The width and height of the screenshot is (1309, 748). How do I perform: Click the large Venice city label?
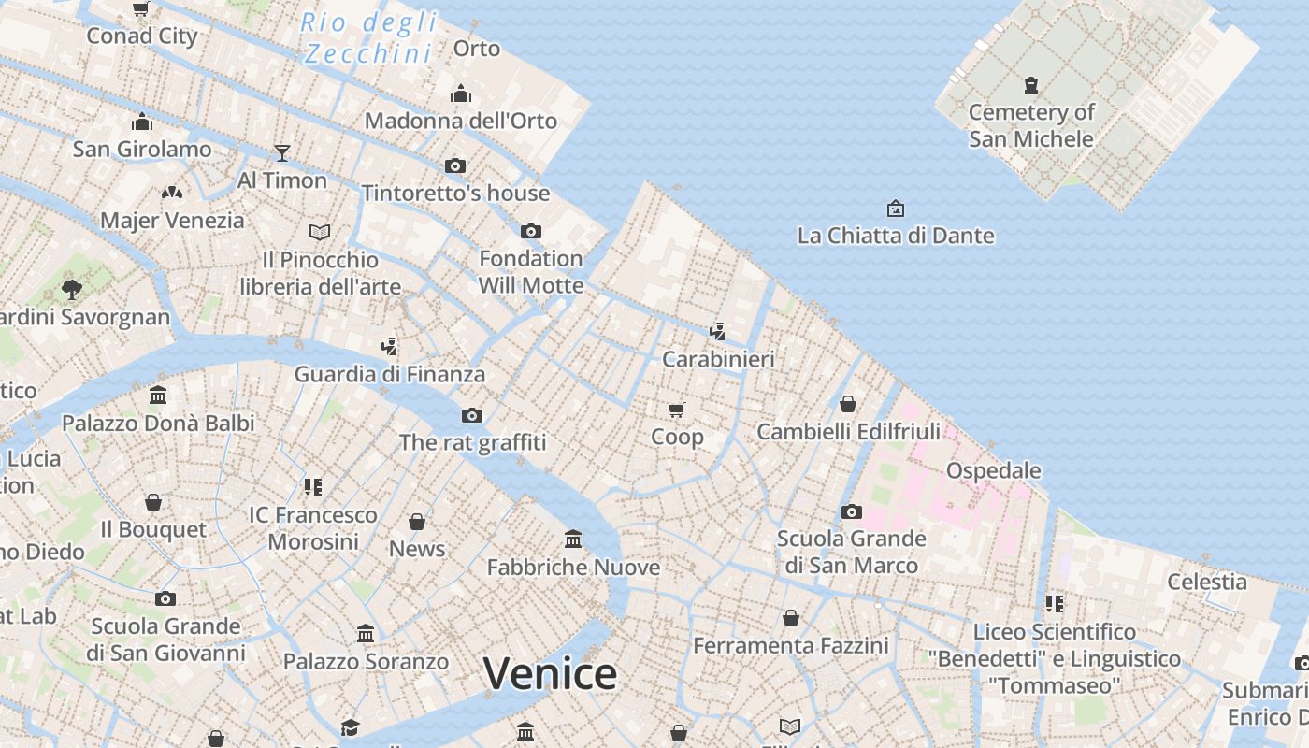tap(550, 674)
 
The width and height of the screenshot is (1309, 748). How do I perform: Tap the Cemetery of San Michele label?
tap(1031, 125)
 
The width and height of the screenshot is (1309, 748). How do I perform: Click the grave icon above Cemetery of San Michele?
tap(1031, 86)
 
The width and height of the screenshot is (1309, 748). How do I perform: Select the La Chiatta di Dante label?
tap(895, 236)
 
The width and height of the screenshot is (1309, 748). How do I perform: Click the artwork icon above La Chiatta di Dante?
tap(895, 208)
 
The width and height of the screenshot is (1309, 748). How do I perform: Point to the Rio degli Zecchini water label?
tap(368, 37)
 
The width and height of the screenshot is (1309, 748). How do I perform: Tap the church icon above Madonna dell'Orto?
tap(460, 93)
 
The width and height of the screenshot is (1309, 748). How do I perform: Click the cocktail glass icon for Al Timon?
tap(282, 152)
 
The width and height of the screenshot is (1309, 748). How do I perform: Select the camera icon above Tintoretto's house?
tap(455, 166)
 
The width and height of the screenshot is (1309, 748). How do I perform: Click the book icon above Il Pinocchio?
tap(320, 232)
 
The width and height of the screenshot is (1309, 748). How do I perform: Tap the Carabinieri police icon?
tap(717, 331)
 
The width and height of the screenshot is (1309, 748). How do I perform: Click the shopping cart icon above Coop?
tap(677, 410)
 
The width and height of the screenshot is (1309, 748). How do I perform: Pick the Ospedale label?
tap(993, 470)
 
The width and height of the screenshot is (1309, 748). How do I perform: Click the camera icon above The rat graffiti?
tap(472, 415)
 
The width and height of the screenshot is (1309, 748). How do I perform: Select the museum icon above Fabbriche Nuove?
tap(573, 539)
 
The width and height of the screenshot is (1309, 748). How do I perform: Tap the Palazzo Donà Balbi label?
tap(158, 423)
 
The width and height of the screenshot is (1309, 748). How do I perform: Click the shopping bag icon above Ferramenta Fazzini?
tap(791, 618)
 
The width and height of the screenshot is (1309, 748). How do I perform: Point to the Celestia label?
tap(1206, 582)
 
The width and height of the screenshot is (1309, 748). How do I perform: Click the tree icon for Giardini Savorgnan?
tap(71, 289)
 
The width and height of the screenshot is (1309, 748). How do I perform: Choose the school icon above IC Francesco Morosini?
tap(312, 486)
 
